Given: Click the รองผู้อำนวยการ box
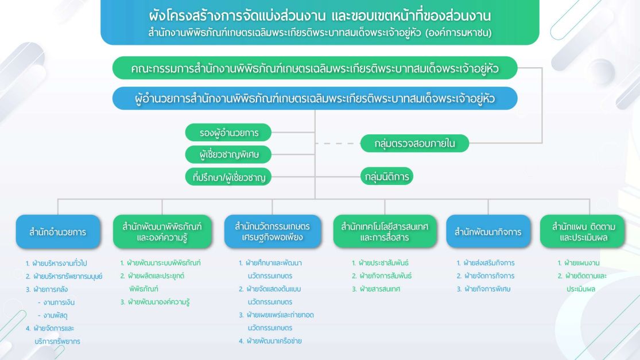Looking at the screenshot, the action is (228, 133).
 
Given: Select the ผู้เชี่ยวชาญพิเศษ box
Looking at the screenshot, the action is (228, 154).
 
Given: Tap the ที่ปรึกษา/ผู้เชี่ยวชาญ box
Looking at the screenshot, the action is (228, 177).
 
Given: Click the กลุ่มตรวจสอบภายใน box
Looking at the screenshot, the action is (414, 144).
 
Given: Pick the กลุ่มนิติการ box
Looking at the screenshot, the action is (386, 176).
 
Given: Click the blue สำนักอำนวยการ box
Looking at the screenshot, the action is (58, 232).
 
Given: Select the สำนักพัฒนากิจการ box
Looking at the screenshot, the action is (488, 232).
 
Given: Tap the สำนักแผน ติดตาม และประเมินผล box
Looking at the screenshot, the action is (583, 232).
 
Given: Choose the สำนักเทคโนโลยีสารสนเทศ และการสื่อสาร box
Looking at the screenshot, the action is (385, 232).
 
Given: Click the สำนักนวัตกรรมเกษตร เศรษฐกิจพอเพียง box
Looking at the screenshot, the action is (273, 232).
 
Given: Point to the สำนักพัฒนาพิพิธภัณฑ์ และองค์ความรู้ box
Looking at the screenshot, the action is (162, 232).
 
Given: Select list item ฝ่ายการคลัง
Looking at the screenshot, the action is (46, 289).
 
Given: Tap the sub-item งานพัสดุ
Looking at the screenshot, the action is (53, 316).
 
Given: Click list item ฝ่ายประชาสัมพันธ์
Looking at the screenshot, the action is (380, 263).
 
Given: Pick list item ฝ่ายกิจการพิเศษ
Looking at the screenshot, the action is (484, 289).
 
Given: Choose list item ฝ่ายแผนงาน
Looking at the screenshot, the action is (579, 263).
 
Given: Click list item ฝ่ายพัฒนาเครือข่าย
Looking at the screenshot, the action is (270, 341).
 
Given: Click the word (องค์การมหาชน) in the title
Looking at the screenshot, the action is (459, 33).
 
